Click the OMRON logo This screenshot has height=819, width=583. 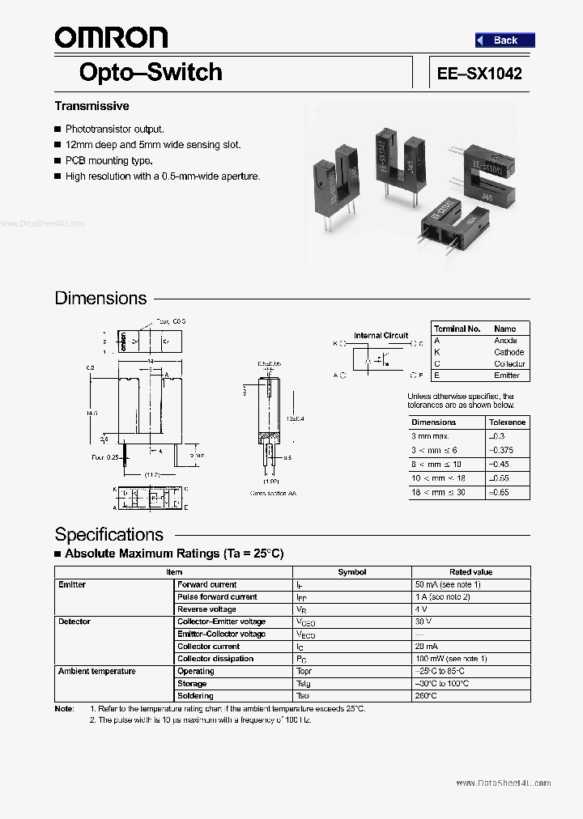point(111,36)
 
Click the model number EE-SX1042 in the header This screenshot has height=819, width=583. point(479,73)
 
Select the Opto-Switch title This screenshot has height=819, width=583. point(151,72)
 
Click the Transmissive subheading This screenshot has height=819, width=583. point(91,106)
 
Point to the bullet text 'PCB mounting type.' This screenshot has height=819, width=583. point(109,160)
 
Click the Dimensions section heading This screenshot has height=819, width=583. point(100,298)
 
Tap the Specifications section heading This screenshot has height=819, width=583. point(109,534)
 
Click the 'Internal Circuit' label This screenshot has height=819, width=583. point(381,335)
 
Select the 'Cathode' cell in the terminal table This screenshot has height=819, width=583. point(509,352)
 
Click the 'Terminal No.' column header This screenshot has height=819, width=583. point(457,329)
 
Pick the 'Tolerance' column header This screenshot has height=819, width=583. point(508,422)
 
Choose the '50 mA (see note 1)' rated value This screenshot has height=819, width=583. point(448,584)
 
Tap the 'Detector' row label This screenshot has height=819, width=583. point(74,622)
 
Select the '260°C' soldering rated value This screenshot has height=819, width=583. point(426,696)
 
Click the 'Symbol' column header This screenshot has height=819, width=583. point(351,572)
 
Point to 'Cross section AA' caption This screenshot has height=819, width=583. point(273,493)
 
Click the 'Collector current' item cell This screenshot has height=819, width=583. point(208,647)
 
